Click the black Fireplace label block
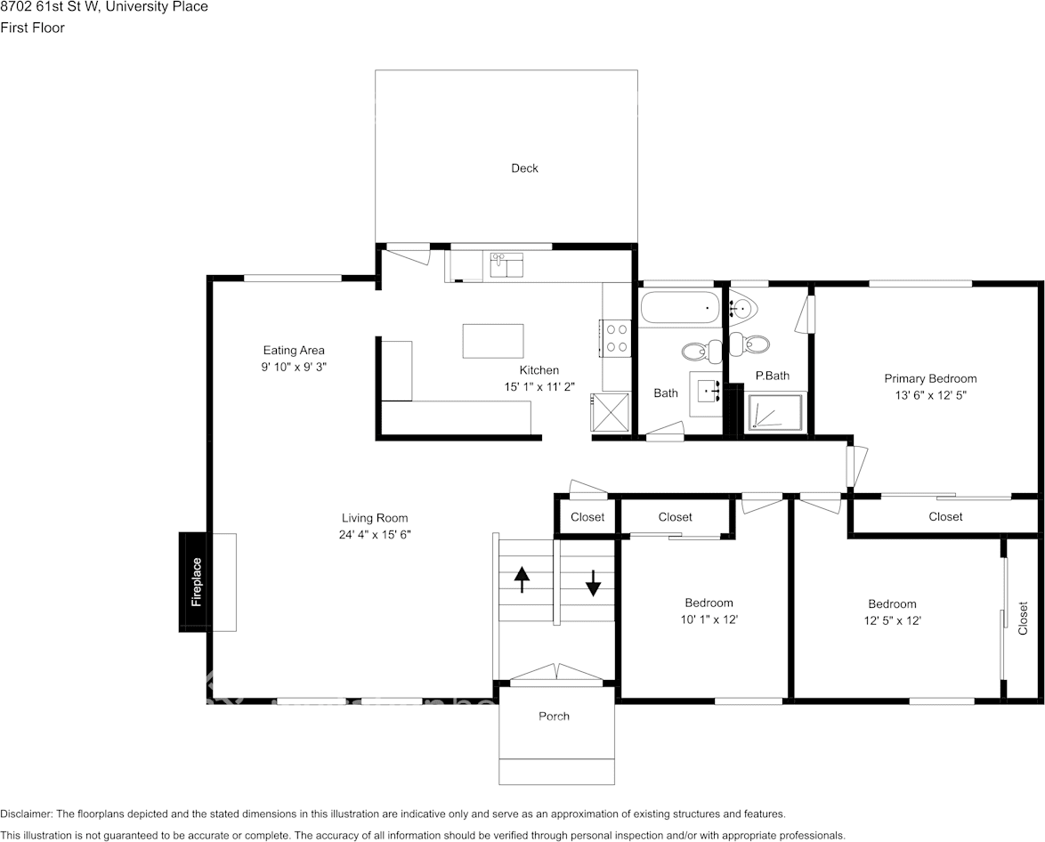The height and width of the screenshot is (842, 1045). [x=194, y=582]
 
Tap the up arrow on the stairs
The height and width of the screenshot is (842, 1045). [x=521, y=580]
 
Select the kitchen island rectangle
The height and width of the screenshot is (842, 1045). [x=493, y=341]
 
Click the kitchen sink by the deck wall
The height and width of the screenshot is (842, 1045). [x=506, y=264]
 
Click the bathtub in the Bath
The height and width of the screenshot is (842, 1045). [x=679, y=309]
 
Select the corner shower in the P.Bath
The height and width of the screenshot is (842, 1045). [x=774, y=412]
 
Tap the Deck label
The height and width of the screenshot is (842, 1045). [x=524, y=168]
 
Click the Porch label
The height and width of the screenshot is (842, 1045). [x=554, y=717]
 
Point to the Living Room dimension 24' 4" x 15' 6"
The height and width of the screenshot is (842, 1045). [x=376, y=534]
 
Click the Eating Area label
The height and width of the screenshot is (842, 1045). [x=294, y=350]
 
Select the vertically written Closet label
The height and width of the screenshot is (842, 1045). [x=1024, y=618]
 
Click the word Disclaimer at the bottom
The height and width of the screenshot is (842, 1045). [x=27, y=814]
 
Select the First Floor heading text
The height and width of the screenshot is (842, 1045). [x=33, y=28]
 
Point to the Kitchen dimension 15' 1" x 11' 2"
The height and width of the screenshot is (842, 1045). [x=539, y=386]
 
